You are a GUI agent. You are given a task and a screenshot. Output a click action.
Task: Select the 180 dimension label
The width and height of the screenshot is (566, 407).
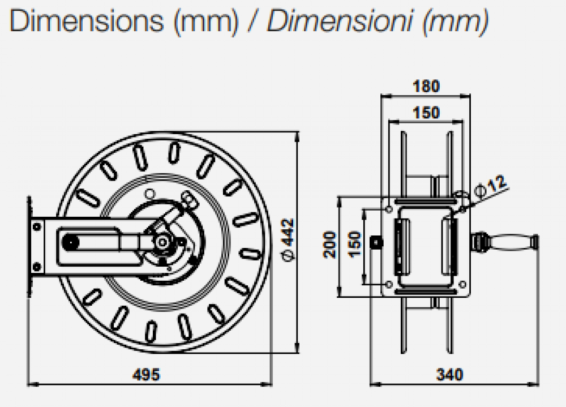coord(426,86)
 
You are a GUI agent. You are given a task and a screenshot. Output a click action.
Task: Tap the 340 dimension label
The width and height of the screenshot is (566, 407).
coord(449,374)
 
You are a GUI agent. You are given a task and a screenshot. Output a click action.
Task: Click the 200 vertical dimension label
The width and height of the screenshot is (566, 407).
coord(329,245)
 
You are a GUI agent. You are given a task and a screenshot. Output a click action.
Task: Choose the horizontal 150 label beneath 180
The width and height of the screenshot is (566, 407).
coord(426,113)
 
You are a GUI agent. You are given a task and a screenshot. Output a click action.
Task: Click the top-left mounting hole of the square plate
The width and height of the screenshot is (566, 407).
coord(388,210)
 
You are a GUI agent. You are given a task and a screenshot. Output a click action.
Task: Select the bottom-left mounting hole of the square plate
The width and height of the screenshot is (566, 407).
coord(388,284)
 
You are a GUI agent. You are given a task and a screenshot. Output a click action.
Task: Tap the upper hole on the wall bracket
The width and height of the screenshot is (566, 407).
coord(37,226)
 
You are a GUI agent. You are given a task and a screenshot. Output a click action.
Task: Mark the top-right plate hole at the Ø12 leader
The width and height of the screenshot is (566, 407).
coord(462,210)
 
